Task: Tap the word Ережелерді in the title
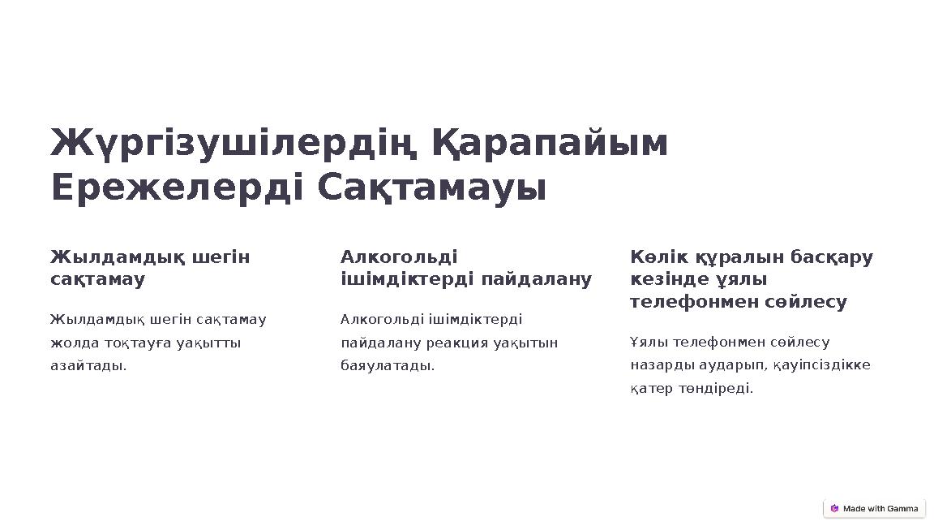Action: pyautogui.click(x=178, y=188)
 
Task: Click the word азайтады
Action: pyautogui.click(x=88, y=365)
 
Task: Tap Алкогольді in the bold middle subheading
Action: pyautogui.click(x=399, y=257)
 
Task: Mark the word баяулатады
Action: pyautogui.click(x=388, y=365)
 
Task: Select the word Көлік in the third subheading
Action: pyautogui.click(x=653, y=257)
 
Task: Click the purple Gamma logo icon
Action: pyautogui.click(x=834, y=509)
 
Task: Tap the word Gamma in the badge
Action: pyautogui.click(x=902, y=509)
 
